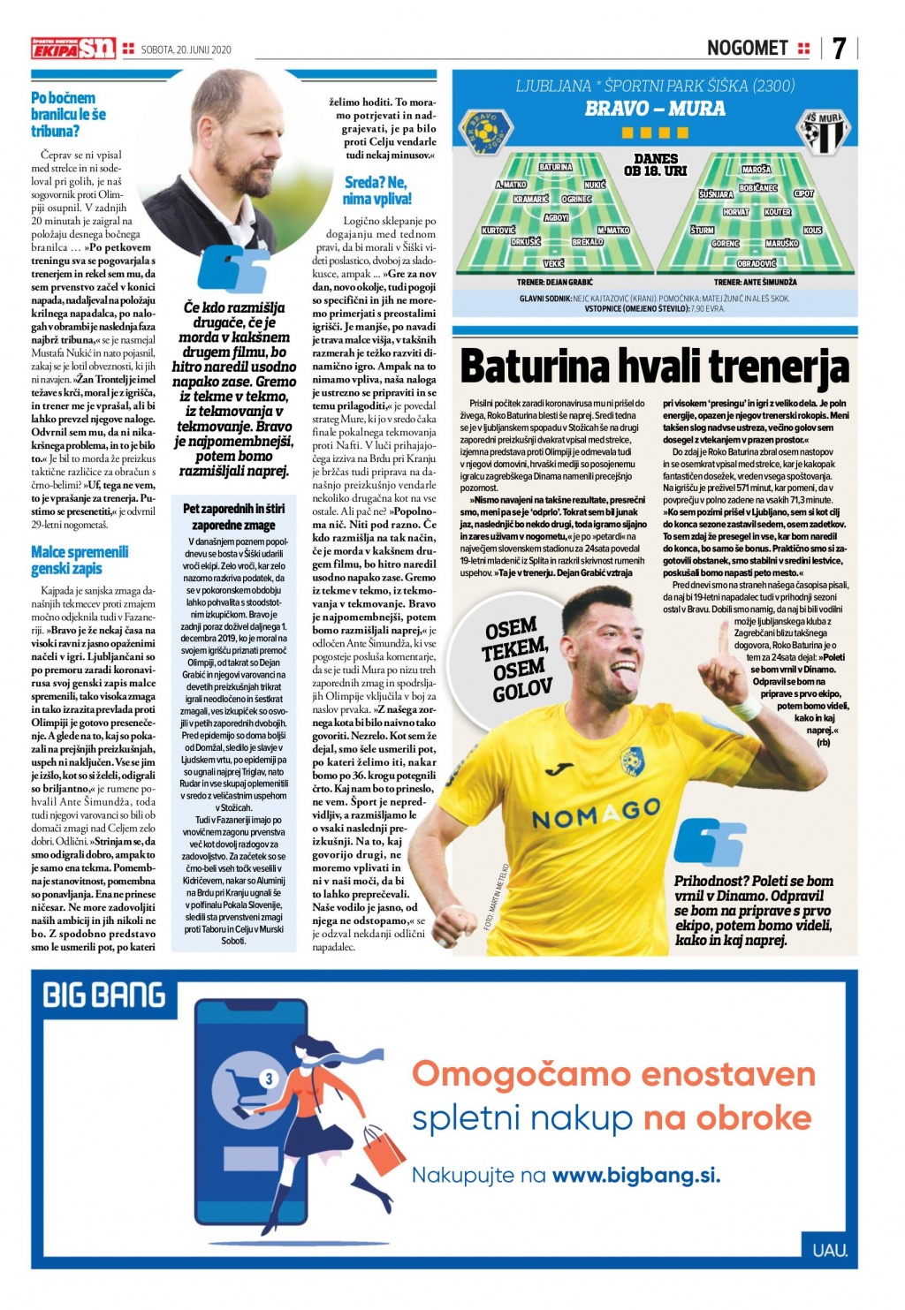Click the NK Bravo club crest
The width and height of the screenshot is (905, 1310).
tap(485, 131)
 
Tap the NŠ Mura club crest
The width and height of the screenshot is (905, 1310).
tap(825, 131)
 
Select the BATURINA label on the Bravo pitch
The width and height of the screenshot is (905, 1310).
tap(555, 166)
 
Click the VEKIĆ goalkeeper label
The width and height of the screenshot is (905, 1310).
tap(554, 263)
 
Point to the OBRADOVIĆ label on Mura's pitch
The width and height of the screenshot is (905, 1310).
tap(757, 263)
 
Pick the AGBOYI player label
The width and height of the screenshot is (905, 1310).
tap(556, 217)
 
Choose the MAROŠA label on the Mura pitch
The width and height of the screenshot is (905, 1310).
tap(757, 169)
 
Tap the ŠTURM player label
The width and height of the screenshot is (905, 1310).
tap(703, 230)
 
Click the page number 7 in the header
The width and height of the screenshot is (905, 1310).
tap(839, 48)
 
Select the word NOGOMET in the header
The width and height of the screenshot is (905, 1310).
tap(747, 48)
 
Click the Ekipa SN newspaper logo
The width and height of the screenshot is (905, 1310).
tap(73, 49)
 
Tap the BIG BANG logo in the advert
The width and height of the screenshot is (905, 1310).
tap(104, 996)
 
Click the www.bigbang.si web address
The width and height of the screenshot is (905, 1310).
tap(636, 1175)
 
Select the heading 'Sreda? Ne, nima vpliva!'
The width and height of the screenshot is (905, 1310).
tap(377, 190)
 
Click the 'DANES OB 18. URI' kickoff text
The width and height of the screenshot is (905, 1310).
tap(655, 164)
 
